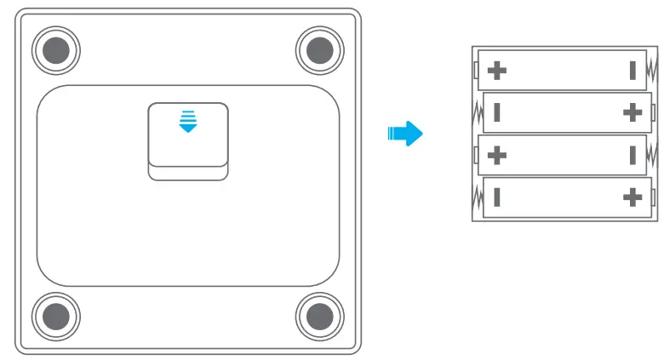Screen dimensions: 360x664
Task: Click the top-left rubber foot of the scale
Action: click(x=58, y=50)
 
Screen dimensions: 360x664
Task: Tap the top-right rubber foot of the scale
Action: click(x=321, y=50)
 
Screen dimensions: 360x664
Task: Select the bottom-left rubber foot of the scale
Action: click(x=58, y=316)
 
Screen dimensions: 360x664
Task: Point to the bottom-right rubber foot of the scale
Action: click(x=321, y=316)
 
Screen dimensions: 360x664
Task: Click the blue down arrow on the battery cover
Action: click(x=187, y=122)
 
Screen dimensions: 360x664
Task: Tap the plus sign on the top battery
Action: click(x=496, y=70)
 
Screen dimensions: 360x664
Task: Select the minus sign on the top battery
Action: click(x=633, y=70)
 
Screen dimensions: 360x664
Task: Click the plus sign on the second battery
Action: click(x=632, y=112)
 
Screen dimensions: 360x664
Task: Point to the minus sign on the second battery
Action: click(x=496, y=112)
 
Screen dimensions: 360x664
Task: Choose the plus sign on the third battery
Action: click(x=496, y=156)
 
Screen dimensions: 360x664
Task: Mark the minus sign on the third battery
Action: click(x=633, y=156)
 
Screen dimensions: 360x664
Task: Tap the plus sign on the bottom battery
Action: click(x=632, y=198)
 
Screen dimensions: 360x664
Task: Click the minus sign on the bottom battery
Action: click(x=496, y=198)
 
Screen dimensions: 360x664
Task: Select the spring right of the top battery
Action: click(x=652, y=70)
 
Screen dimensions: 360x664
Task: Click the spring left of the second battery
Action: click(x=477, y=112)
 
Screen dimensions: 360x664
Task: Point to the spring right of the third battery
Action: click(x=652, y=156)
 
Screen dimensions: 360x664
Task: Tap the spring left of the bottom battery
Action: click(x=477, y=198)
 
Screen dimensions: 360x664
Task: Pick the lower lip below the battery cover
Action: click(x=188, y=173)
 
